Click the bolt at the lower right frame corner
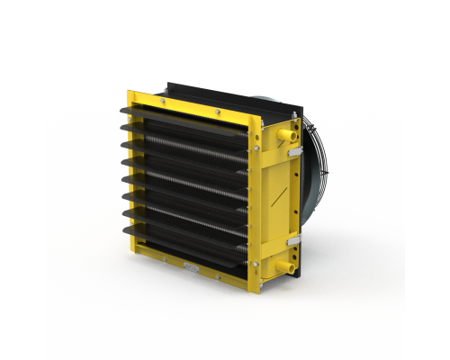click(256, 264)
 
